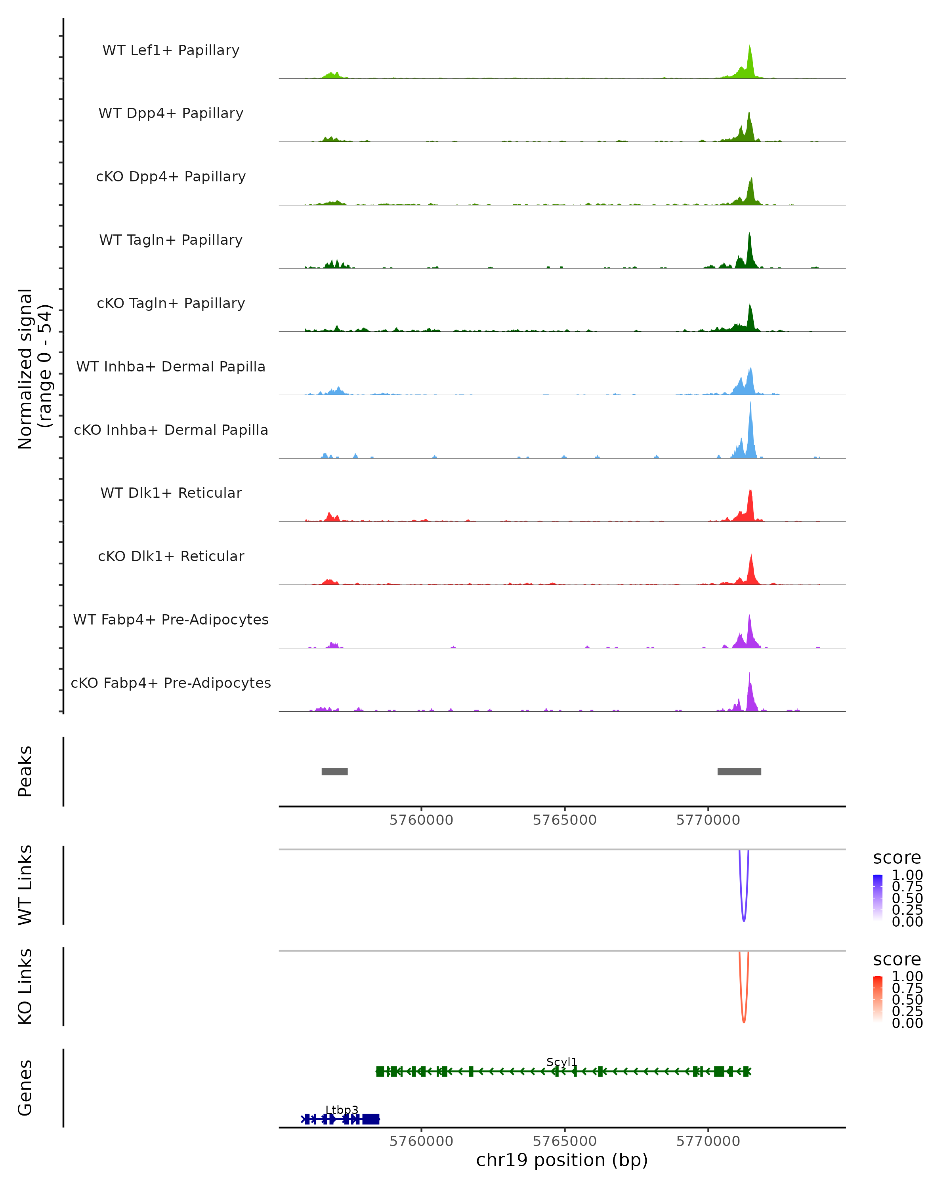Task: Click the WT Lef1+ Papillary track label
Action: click(171, 50)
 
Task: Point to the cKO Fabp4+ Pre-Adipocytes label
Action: click(171, 683)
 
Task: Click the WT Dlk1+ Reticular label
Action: click(171, 493)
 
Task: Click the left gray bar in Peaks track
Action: click(335, 771)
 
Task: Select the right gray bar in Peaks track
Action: click(739, 771)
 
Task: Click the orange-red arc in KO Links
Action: click(744, 1020)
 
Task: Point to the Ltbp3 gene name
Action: click(342, 1110)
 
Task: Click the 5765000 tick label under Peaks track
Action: click(565, 820)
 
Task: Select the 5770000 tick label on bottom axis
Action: click(708, 1141)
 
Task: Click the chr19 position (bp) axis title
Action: click(562, 1160)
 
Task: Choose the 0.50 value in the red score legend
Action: click(907, 1000)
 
